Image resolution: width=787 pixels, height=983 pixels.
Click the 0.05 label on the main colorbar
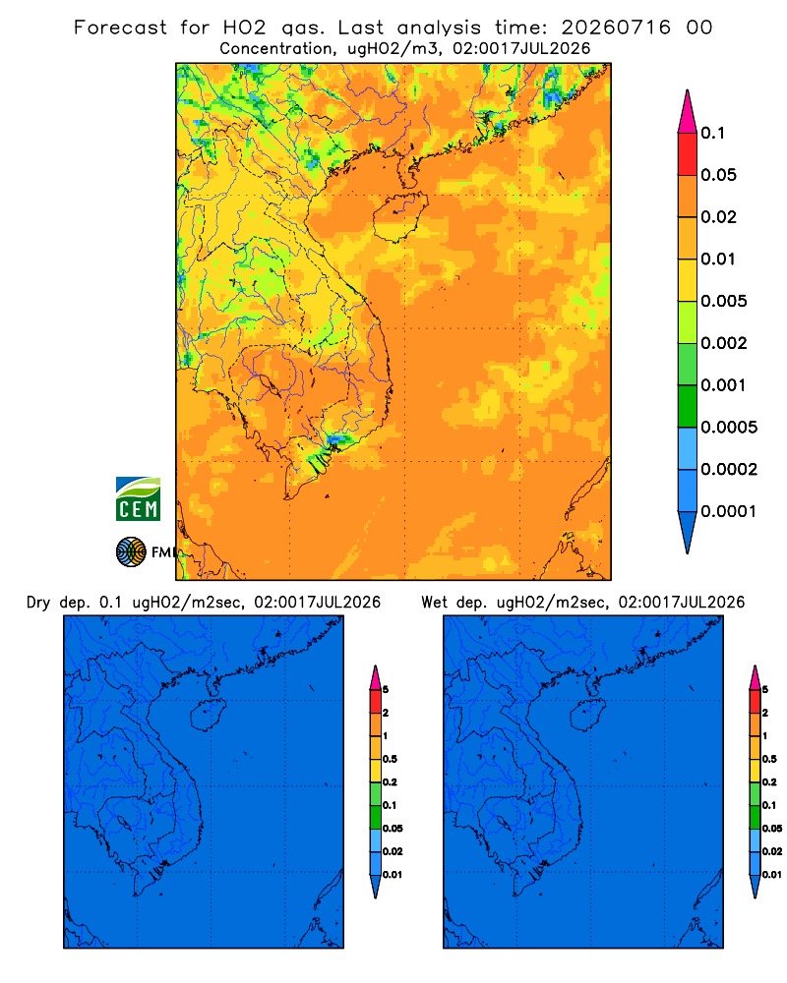(718, 175)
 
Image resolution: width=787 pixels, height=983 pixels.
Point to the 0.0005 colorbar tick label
(729, 428)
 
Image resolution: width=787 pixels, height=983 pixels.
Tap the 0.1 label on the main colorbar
(712, 133)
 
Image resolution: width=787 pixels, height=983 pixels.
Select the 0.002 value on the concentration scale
(724, 343)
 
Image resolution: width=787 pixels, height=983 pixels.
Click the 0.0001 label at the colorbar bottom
(729, 511)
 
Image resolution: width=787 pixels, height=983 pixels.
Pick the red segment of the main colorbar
(688, 154)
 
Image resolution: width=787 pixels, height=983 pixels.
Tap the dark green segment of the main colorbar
(688, 406)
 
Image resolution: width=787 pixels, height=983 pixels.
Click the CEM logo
(138, 499)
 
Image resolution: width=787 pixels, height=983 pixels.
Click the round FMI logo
(131, 552)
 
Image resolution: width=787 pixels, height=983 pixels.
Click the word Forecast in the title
(120, 28)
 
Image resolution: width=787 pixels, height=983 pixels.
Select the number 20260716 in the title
(616, 28)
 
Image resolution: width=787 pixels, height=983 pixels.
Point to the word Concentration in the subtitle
(276, 49)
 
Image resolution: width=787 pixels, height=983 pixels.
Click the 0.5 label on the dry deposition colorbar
(390, 759)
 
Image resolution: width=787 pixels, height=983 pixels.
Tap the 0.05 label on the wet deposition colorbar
(772, 828)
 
